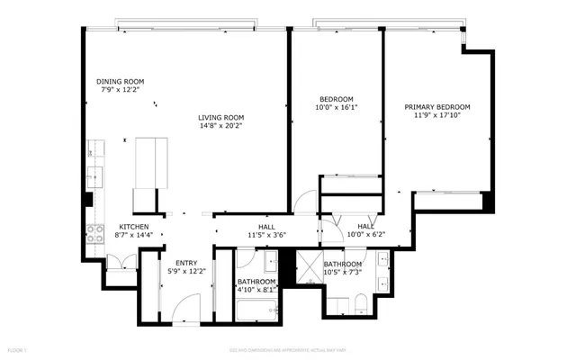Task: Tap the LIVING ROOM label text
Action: tap(221, 117)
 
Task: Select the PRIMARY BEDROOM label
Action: tap(436, 106)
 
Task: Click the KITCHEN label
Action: tap(134, 226)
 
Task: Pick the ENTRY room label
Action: tap(186, 263)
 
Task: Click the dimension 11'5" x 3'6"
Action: tap(266, 236)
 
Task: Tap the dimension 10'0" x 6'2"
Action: tap(365, 235)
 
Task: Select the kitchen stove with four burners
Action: tap(94, 233)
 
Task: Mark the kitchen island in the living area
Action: tap(150, 163)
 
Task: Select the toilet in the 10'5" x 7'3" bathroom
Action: tap(358, 302)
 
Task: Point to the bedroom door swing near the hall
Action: tap(308, 203)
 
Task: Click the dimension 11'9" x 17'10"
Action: tap(436, 115)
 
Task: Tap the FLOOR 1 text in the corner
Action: tap(16, 348)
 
